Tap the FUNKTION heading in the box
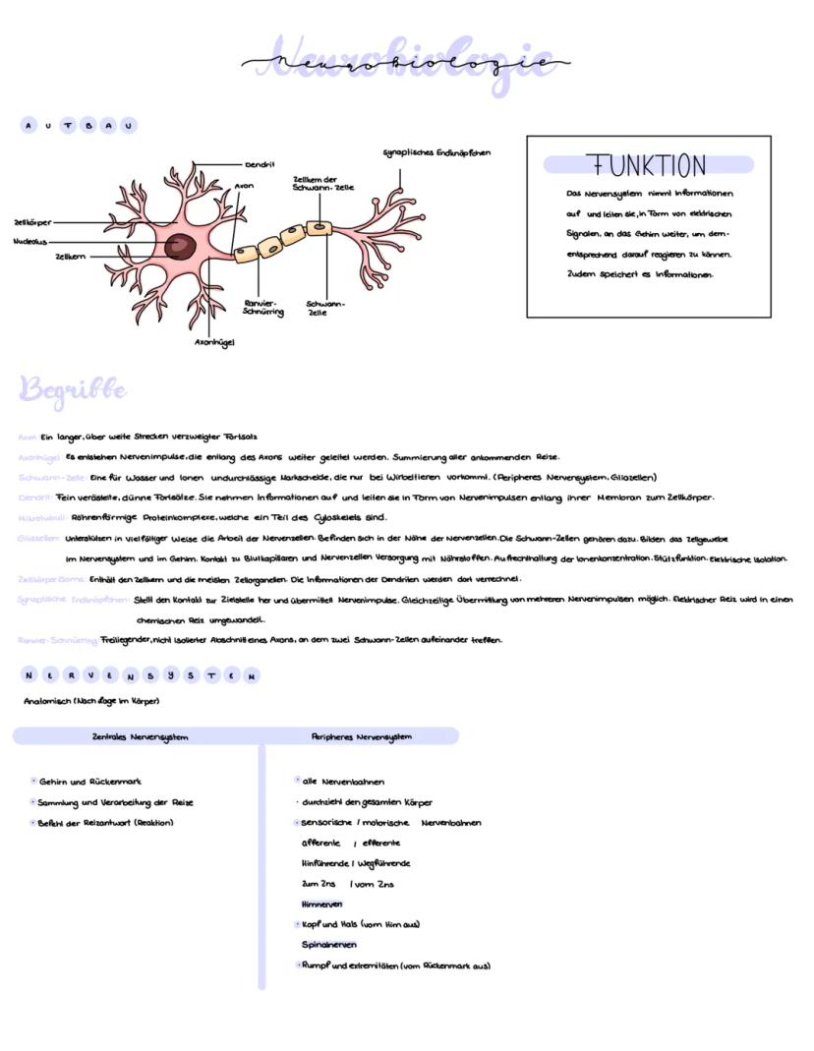click(646, 165)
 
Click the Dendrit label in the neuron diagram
click(260, 164)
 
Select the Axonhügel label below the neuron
click(213, 342)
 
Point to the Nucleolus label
click(30, 240)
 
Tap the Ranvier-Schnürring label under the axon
click(262, 307)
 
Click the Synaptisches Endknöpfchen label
click(436, 152)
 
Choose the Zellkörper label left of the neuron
click(32, 223)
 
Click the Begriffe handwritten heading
click(73, 390)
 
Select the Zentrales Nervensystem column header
click(140, 736)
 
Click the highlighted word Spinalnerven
click(328, 945)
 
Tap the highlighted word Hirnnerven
click(322, 904)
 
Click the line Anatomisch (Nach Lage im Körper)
click(91, 701)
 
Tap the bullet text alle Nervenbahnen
click(343, 782)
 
